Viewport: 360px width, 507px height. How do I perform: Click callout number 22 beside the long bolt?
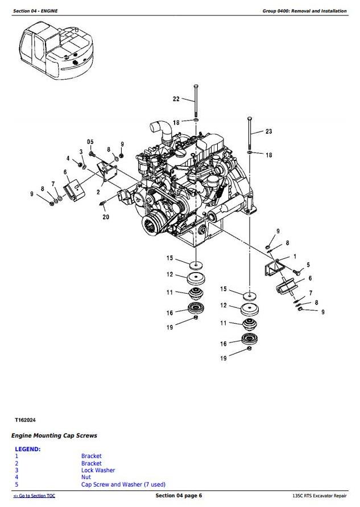tap(176, 99)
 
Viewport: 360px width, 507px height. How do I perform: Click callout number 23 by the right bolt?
tap(268, 131)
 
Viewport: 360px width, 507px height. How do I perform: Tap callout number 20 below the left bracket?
tap(106, 216)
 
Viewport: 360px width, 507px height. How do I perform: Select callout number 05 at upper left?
tap(90, 141)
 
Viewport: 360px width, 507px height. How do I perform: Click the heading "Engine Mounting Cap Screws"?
tap(54, 435)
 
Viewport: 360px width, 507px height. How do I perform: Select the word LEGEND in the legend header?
tap(27, 448)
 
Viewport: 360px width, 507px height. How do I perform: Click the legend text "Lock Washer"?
tap(98, 470)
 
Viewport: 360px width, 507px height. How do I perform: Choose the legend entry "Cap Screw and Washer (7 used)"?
tap(123, 484)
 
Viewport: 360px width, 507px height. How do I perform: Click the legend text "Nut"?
tap(86, 477)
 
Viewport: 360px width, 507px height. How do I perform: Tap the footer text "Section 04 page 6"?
tap(179, 496)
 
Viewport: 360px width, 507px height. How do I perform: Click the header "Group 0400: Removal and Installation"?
tap(304, 11)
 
